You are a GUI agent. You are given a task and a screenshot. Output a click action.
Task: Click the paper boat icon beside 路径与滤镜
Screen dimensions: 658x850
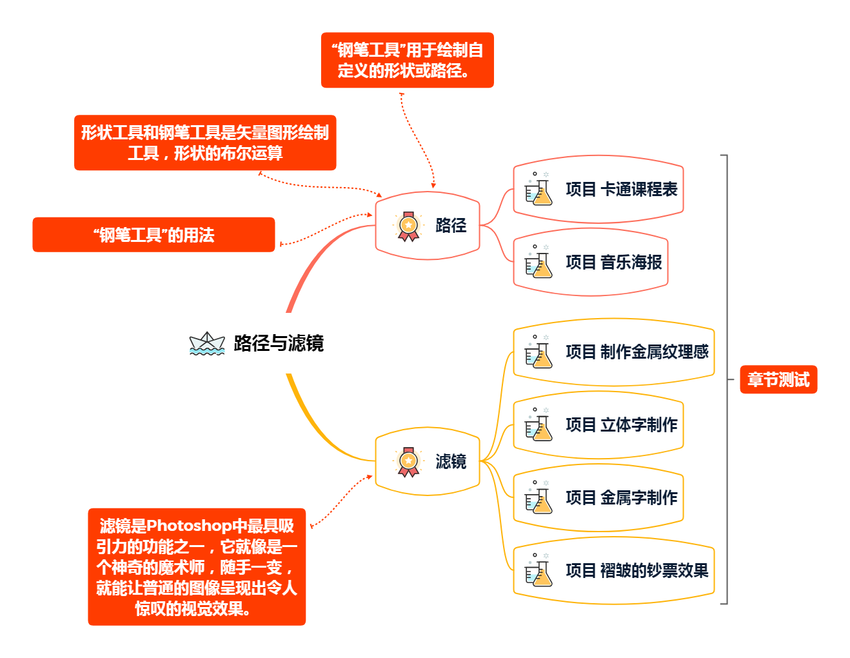point(206,343)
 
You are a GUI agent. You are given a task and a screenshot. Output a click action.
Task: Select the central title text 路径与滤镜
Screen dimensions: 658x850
point(279,343)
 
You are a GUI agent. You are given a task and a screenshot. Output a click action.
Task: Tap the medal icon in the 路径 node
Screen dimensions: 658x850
point(408,226)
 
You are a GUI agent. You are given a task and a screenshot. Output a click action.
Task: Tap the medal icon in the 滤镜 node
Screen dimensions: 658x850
point(408,462)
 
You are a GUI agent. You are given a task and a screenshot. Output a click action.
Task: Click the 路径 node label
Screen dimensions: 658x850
point(451,226)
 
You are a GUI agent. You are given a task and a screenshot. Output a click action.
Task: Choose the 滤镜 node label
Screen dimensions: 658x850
point(451,462)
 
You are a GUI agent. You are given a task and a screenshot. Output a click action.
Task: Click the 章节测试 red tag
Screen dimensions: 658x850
point(778,379)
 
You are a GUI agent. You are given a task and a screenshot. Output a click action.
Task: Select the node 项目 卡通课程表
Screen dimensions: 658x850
point(621,190)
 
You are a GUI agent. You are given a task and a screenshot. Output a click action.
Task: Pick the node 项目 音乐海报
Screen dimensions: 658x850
point(613,263)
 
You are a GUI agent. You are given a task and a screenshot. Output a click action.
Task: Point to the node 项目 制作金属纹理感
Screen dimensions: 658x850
point(637,352)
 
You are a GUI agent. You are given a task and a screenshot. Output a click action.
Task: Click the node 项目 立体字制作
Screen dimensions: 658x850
point(621,425)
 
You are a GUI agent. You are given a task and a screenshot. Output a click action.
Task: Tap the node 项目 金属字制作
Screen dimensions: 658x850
point(621,498)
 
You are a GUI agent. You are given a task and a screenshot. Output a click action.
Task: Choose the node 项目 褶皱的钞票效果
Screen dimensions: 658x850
point(637,571)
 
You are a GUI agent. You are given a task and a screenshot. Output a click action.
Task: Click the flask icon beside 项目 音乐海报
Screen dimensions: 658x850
point(538,262)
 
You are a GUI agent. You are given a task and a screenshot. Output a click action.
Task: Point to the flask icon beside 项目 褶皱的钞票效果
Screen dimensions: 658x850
point(538,570)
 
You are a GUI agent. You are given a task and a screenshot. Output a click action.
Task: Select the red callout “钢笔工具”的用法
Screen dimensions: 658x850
point(153,235)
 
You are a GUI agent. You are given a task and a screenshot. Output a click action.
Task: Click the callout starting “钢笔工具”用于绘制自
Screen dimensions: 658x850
point(407,60)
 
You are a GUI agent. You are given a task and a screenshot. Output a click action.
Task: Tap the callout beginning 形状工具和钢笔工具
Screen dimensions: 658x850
point(205,143)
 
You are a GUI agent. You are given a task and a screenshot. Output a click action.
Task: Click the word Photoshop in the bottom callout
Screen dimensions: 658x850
point(189,526)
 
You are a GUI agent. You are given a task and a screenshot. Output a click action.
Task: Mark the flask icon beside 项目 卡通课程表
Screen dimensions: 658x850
point(538,189)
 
